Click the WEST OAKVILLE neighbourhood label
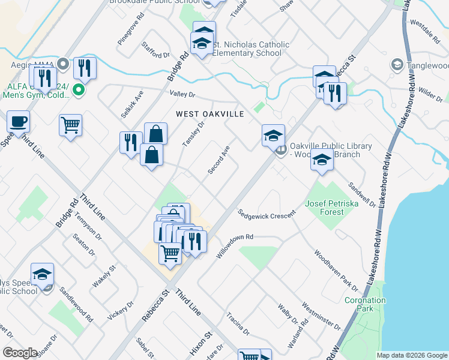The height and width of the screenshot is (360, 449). click(209, 114)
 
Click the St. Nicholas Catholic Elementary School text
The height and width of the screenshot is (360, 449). click(252, 49)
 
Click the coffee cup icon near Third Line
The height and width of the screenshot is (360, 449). click(18, 121)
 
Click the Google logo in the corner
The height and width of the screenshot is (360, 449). click(20, 353)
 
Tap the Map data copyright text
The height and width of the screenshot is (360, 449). click(411, 355)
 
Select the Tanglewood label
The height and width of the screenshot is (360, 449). click(427, 65)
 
